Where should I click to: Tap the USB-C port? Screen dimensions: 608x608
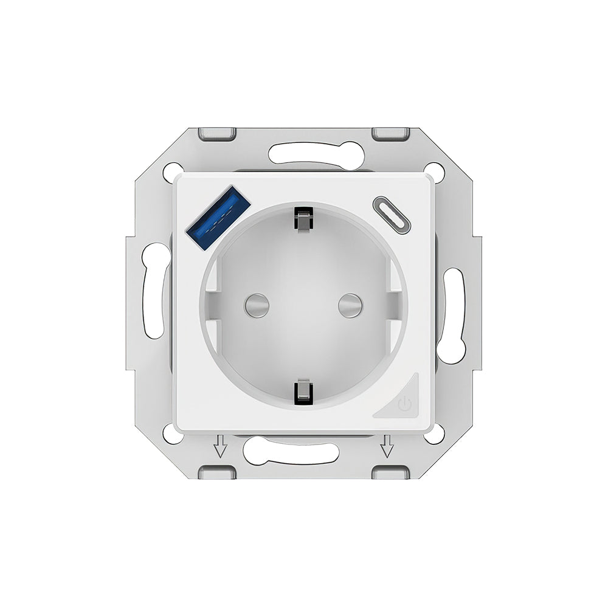click(x=391, y=215)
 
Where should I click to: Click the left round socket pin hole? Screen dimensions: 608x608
click(x=256, y=305)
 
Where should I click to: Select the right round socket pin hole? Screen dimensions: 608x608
click(x=350, y=305)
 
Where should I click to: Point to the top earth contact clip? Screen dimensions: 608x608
click(x=303, y=219)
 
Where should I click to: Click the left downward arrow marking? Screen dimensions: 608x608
click(x=220, y=449)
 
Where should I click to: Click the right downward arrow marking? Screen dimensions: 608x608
click(x=386, y=449)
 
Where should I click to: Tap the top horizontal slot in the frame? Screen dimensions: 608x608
click(x=316, y=154)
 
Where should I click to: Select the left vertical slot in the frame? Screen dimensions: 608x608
click(x=156, y=290)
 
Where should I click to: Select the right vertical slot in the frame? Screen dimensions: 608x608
click(x=452, y=316)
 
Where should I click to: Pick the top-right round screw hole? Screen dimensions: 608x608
click(x=434, y=171)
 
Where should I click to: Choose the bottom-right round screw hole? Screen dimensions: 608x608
click(x=434, y=434)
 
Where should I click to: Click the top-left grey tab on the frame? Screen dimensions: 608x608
click(x=217, y=133)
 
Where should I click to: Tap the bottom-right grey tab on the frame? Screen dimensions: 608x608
click(x=390, y=472)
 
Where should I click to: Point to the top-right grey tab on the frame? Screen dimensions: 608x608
click(x=390, y=133)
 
